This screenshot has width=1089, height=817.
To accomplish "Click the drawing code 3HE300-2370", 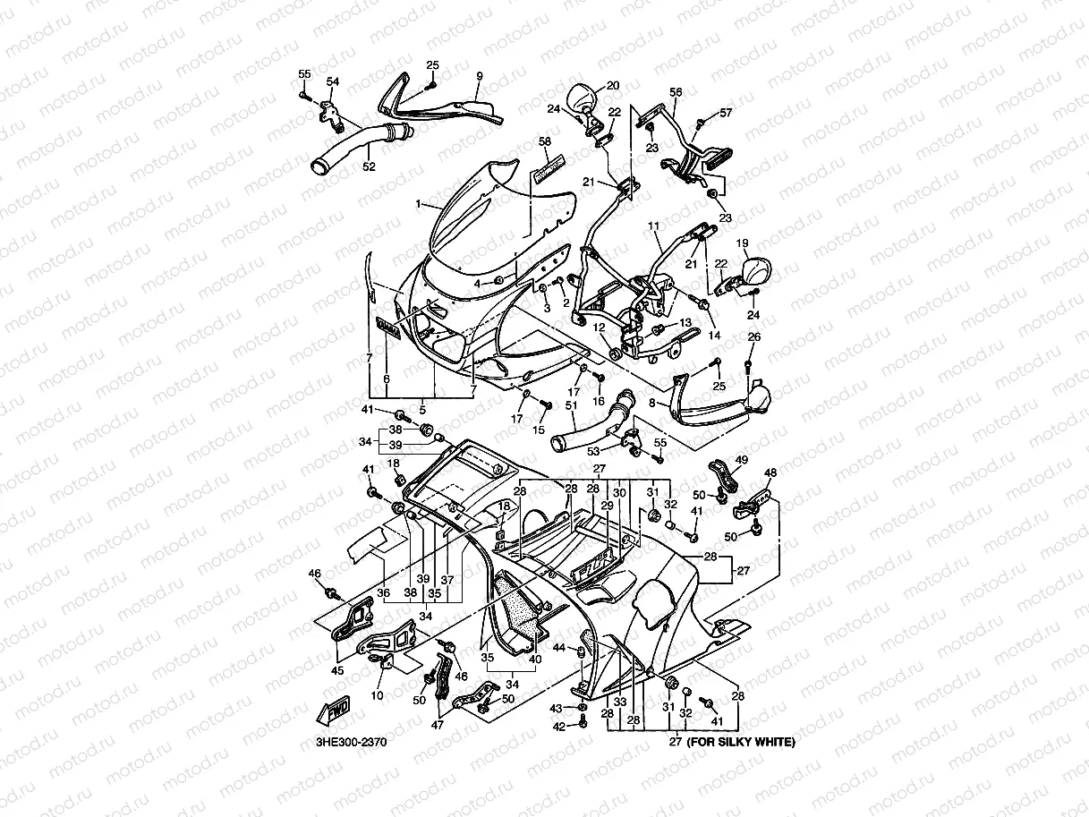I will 351,742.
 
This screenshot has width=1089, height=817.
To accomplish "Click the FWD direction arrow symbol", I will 333,712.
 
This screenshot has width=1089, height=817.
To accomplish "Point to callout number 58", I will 544,142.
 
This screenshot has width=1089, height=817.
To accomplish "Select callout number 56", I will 676,92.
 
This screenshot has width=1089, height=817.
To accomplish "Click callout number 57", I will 726,113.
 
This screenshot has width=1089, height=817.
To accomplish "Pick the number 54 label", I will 333,82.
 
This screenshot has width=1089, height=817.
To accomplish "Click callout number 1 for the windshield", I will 417,204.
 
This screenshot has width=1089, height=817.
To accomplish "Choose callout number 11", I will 653,226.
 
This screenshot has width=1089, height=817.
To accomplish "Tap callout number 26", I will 753,337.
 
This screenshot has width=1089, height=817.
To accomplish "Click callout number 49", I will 741,460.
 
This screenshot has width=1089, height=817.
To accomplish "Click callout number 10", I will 377,695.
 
